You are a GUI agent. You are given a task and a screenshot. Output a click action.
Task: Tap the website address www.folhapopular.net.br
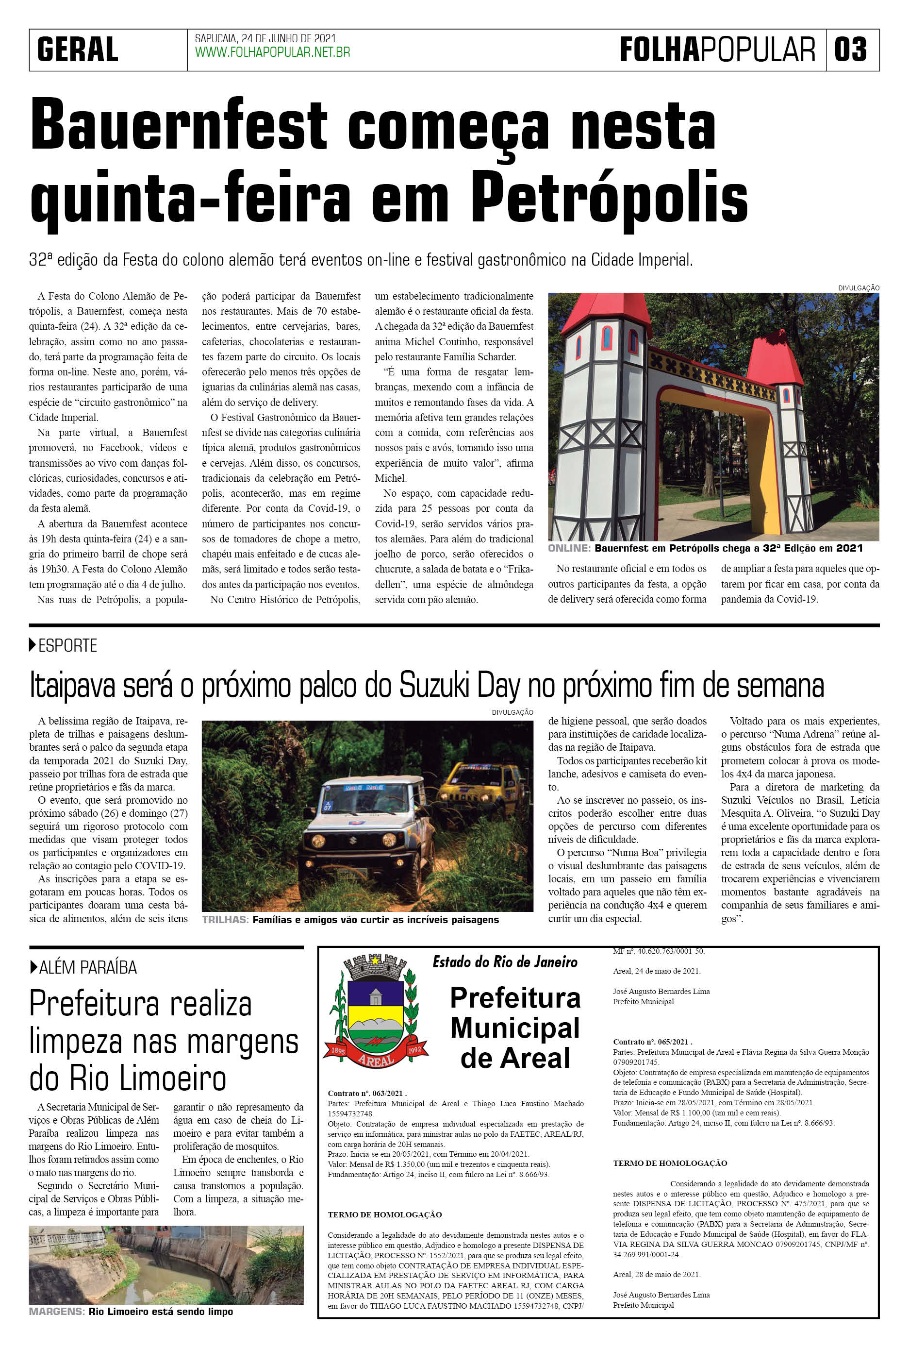(272, 53)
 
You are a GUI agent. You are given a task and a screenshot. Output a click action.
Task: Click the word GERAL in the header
(78, 50)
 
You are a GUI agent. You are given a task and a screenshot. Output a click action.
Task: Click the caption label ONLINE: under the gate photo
(569, 548)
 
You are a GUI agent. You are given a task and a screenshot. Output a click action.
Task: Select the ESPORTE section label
(67, 645)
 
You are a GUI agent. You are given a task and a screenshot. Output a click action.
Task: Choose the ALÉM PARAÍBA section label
(87, 967)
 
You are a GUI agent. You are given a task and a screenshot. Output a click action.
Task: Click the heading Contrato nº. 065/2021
(652, 1042)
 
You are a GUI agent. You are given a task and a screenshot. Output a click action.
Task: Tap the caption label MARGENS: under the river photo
(56, 1312)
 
